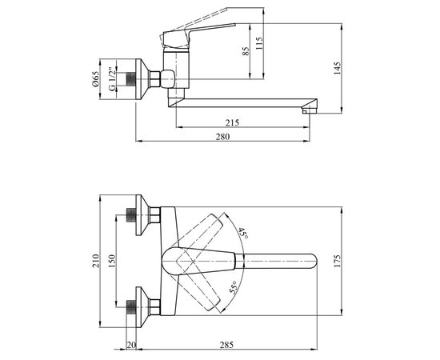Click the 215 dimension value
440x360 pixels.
click(232, 122)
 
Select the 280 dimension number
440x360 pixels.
click(222, 137)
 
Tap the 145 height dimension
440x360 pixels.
click(337, 68)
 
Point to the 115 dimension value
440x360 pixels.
click(259, 43)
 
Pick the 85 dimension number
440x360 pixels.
click(246, 50)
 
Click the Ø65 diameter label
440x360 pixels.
click(96, 79)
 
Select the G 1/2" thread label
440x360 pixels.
click(112, 79)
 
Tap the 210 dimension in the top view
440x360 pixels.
click(96, 261)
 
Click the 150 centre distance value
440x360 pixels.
click(112, 261)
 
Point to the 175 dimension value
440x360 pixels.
click(337, 261)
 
